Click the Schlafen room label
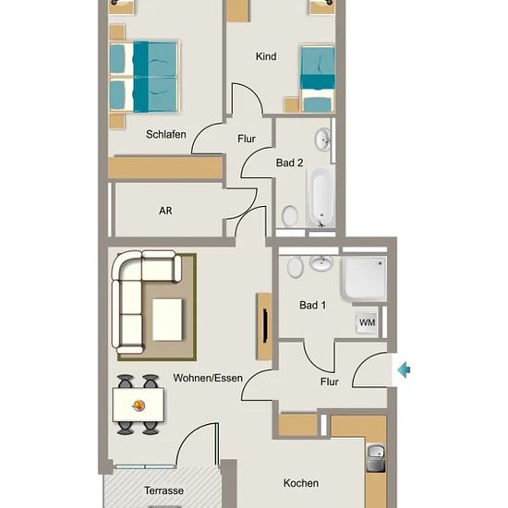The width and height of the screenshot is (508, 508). pos(166,134)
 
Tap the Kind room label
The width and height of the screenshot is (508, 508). pos(266,56)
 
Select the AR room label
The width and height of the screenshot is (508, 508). pos(165,211)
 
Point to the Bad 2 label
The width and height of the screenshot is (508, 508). pos(289,163)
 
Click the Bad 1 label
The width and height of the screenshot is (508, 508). pos(312,305)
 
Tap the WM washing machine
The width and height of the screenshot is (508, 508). pos(367,322)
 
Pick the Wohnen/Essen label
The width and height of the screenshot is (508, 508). pos(208,378)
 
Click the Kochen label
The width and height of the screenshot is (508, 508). pos(301,483)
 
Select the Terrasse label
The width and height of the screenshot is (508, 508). pos(163,490)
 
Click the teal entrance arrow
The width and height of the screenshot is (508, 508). pos(404,369)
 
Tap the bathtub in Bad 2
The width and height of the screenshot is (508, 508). pos(321,197)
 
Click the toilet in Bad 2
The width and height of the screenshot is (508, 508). pos(290,216)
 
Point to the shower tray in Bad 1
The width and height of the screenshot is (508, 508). pos(364,279)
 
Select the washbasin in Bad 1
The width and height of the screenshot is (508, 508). pos(321,262)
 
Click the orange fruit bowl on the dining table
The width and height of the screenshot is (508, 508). pos(139,405)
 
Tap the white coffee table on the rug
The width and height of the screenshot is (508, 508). pos(167,320)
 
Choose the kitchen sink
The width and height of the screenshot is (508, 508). pos(376,452)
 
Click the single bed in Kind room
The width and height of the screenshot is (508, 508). pos(318,79)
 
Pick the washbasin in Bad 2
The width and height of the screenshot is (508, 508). pos(323,139)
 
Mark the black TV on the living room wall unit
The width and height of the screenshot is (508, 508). pos(265,326)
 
